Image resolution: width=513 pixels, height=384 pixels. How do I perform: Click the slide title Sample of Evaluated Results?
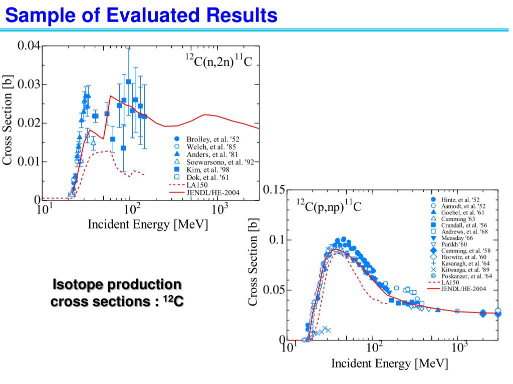point(141,15)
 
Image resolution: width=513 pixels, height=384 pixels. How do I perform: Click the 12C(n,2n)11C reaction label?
point(216,63)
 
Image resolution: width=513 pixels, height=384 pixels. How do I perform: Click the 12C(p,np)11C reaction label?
point(328,205)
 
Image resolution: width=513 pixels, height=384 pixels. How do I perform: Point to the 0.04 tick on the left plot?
point(29,46)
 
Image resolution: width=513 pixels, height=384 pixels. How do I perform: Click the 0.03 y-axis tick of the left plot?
point(29,84)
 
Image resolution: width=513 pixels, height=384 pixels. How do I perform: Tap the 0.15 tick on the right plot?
point(274,190)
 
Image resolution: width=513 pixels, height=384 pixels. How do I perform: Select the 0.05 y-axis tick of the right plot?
point(274,290)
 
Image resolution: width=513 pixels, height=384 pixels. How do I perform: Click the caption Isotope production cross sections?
point(117,293)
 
